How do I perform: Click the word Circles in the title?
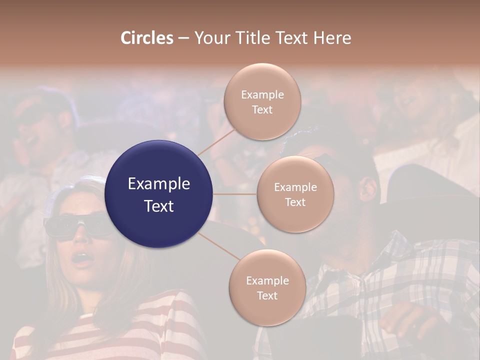146,38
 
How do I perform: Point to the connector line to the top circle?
216,141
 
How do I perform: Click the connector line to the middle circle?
235,194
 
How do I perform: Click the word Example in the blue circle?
159,184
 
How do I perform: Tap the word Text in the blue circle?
159,206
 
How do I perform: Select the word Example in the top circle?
262,94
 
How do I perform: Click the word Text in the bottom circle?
267,295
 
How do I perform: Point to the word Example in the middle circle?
295,187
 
